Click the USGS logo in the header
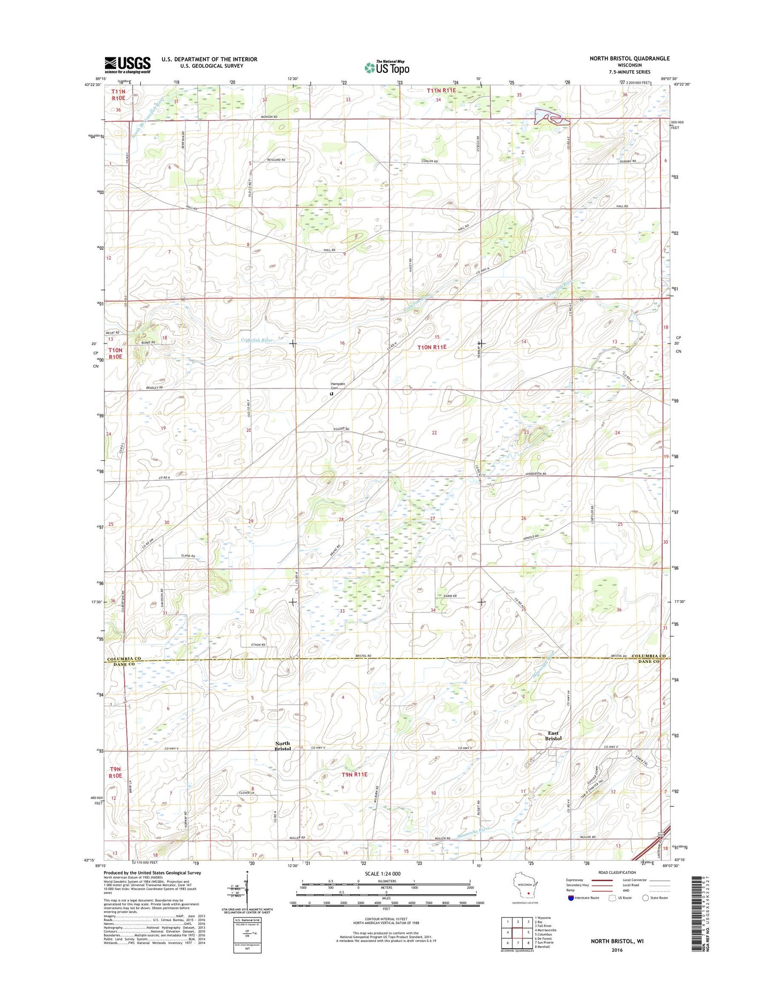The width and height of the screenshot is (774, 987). coord(127,65)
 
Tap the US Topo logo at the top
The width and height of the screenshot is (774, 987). coord(387,68)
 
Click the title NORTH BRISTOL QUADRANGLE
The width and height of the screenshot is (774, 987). coord(629,58)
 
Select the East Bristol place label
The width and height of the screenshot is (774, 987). coord(553,736)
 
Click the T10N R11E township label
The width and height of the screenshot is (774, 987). coord(439,347)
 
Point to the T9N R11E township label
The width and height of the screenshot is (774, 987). coord(354,774)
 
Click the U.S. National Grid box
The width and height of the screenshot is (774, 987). coord(247,935)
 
